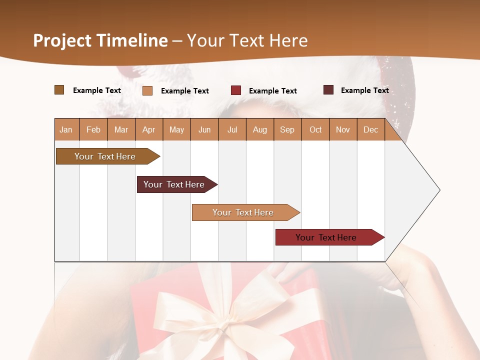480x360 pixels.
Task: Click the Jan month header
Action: point(66,129)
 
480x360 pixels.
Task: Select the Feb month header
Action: point(93,129)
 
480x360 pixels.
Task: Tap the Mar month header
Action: point(121,129)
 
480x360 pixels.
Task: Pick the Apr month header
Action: point(149,129)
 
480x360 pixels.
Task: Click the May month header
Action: point(176,129)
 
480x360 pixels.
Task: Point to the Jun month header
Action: point(204,129)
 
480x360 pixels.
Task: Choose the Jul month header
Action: point(232,129)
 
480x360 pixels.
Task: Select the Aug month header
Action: point(260,129)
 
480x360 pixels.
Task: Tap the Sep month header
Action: point(287,129)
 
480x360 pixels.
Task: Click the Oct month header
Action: point(315,129)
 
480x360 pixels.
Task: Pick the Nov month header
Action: point(343,129)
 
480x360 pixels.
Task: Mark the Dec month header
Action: point(371,129)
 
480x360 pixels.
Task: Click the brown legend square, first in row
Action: point(59,90)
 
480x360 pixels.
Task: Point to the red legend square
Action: point(236,90)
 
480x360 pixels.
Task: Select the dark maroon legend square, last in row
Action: point(328,90)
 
